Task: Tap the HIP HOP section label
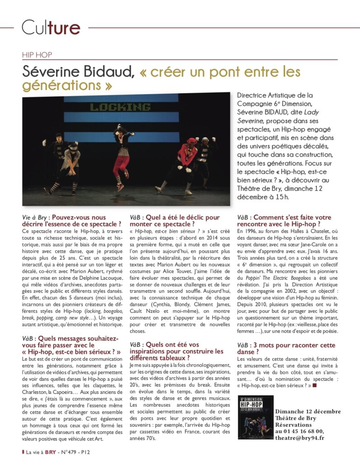point(37,55)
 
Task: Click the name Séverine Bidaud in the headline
point(78,72)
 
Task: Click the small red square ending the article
point(315,385)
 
